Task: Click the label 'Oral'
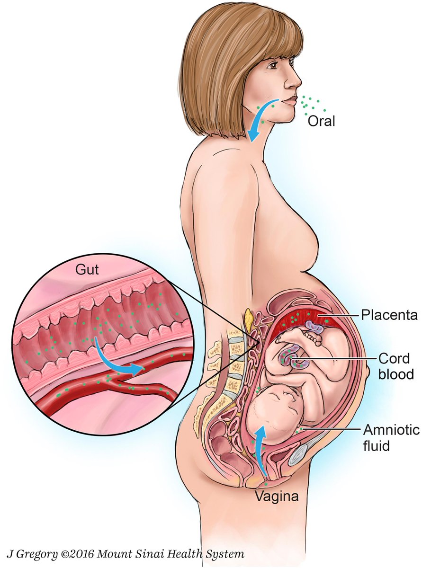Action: (321, 121)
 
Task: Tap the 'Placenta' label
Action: (389, 315)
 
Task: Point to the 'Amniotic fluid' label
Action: (391, 437)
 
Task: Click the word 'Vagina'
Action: (277, 497)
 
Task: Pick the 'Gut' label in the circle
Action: (87, 270)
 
